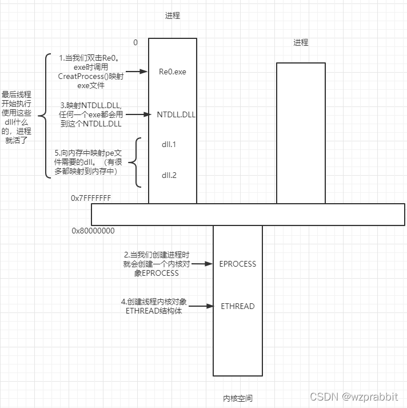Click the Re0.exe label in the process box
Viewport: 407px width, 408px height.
tap(172, 72)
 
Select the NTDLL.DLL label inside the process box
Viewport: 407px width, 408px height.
tap(176, 114)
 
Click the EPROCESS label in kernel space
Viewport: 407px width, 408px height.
tap(238, 264)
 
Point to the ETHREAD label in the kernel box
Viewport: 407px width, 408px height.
tap(238, 306)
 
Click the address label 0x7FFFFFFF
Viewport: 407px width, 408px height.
tap(91, 198)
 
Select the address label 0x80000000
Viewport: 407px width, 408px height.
tap(93, 231)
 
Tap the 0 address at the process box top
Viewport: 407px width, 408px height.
tap(135, 42)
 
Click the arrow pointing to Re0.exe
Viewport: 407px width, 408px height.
tap(138, 72)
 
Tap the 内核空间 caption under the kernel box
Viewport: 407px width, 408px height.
tap(238, 398)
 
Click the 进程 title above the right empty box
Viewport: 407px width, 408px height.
tap(301, 42)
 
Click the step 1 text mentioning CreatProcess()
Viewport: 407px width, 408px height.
tap(86, 72)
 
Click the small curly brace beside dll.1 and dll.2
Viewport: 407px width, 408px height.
tap(135, 163)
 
